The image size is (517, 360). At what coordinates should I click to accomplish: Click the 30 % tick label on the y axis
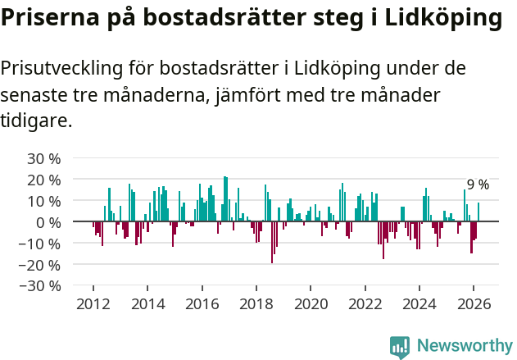click(x=43, y=158)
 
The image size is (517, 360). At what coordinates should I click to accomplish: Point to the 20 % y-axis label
click(x=43, y=180)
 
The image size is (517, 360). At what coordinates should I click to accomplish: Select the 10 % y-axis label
click(x=43, y=201)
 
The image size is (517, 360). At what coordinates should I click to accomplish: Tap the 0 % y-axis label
click(x=48, y=222)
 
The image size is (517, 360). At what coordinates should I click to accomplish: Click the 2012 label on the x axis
click(x=93, y=303)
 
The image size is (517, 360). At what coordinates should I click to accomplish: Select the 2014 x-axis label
click(x=147, y=303)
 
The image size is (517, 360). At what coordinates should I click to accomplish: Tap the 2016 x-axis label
click(x=202, y=303)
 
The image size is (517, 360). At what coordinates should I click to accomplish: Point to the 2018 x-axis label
click(x=256, y=303)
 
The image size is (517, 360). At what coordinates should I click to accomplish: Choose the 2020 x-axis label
click(x=311, y=303)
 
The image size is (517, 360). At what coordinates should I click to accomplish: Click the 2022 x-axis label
click(x=365, y=303)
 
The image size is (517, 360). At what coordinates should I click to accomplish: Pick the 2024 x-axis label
click(x=419, y=303)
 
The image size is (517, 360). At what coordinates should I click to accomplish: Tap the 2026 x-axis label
click(x=474, y=303)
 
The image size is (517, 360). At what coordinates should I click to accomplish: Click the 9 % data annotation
click(x=478, y=185)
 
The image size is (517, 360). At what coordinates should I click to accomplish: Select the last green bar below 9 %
click(x=478, y=212)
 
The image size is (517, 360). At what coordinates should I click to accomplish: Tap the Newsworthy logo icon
click(x=400, y=347)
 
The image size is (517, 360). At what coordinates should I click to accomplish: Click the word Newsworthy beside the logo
click(x=465, y=346)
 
